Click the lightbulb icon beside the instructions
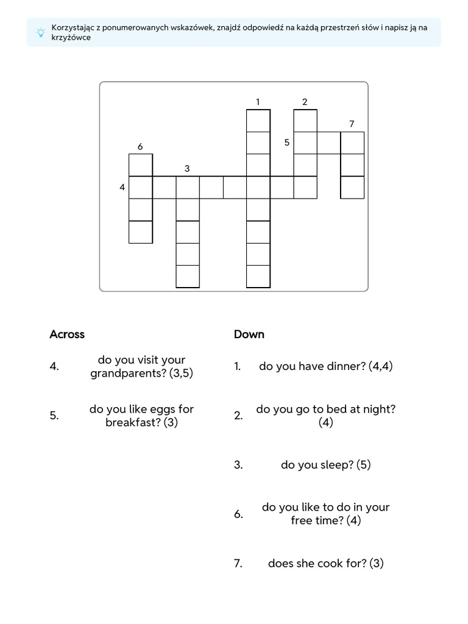(x=40, y=33)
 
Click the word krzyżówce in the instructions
(x=71, y=38)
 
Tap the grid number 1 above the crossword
(x=258, y=102)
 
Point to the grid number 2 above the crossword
(x=305, y=102)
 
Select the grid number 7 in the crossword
(x=352, y=124)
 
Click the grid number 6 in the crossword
(x=140, y=146)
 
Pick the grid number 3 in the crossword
(x=187, y=168)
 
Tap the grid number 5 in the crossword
(x=286, y=143)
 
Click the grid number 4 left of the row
(x=122, y=188)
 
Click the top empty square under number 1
(x=258, y=121)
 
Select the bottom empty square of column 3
(x=188, y=276)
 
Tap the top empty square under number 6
(x=141, y=165)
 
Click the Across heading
(x=67, y=334)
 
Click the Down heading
(x=249, y=334)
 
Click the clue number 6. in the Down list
(x=239, y=514)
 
